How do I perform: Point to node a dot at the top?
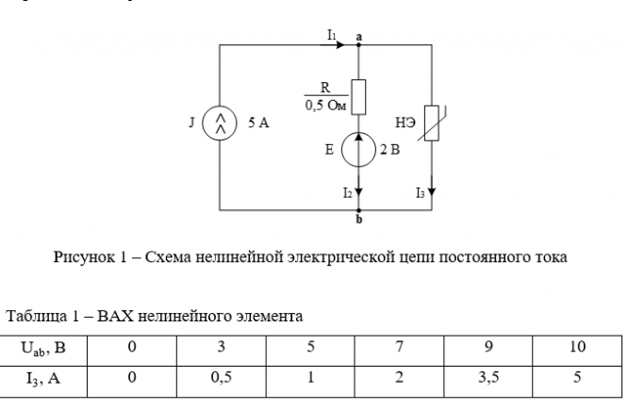[358, 45]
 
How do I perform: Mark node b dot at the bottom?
[358, 210]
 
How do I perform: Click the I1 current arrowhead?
[340, 45]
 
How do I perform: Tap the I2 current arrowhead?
[358, 191]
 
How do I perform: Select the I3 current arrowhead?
[432, 191]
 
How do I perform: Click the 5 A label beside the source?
[258, 123]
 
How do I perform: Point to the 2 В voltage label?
[389, 150]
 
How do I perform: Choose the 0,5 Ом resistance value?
[325, 106]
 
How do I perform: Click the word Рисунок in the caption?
[84, 257]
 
